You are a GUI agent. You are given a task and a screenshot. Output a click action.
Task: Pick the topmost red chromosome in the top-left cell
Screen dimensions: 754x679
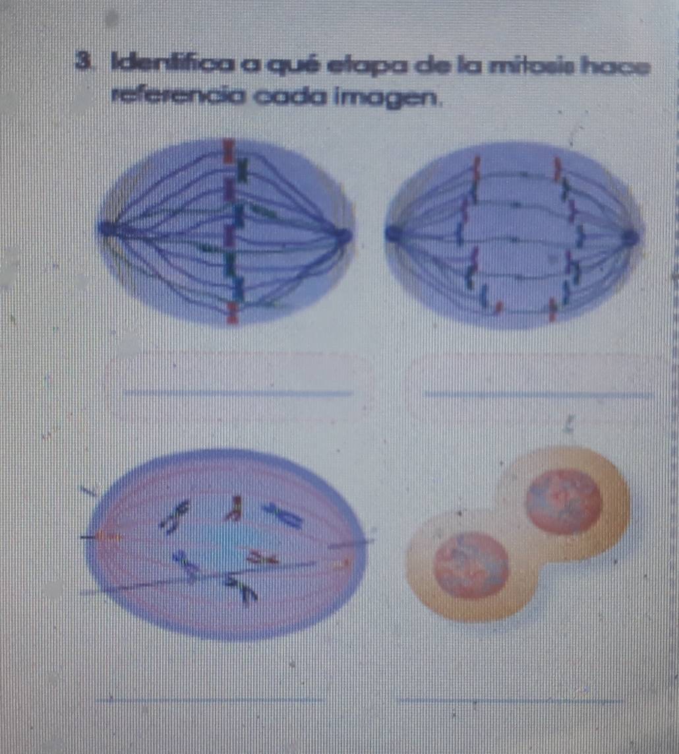point(228,151)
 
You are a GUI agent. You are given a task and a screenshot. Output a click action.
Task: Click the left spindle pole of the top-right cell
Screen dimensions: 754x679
point(393,233)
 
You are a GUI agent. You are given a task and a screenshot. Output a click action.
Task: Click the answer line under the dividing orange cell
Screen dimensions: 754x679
point(511,700)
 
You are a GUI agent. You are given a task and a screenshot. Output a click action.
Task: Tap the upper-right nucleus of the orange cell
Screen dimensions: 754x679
point(564,501)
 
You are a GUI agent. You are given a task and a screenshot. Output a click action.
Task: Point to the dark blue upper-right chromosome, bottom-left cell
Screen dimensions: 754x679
point(282,515)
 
